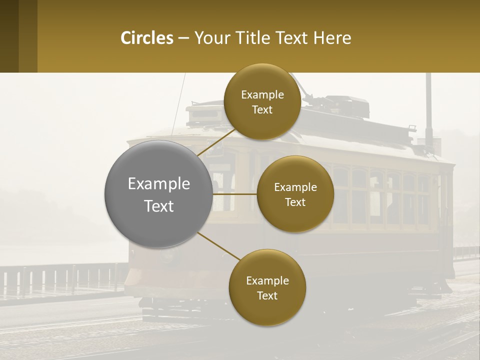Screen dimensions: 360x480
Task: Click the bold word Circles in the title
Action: pos(147,38)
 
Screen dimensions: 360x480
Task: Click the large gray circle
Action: pos(159,194)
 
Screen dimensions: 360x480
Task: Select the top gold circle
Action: pos(262,101)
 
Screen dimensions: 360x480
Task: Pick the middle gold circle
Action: pos(295,194)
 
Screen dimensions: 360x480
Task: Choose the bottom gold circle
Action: pos(267,287)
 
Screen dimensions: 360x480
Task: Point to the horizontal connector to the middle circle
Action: pos(235,194)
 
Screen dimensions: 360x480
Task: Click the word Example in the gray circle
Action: pos(159,183)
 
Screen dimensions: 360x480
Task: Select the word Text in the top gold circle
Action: pos(262,110)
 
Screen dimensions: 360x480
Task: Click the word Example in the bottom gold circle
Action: pos(267,280)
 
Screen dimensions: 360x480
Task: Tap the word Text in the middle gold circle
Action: pos(295,202)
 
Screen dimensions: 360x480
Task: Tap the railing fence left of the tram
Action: pos(60,280)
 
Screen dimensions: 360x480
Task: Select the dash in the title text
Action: pos(183,38)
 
